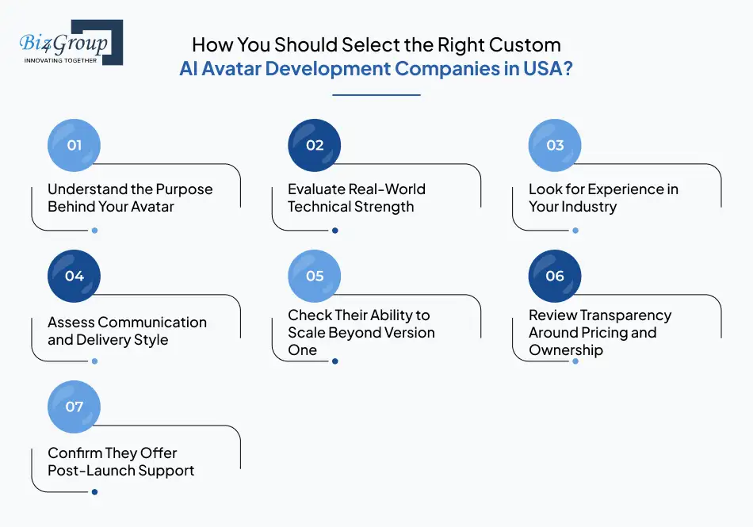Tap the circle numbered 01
(x=75, y=145)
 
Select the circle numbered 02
(x=315, y=145)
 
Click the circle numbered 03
(x=555, y=145)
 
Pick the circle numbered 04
(x=75, y=276)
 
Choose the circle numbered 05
(x=315, y=276)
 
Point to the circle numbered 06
(x=555, y=276)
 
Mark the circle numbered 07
(x=75, y=407)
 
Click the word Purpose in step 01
(x=183, y=190)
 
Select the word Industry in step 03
(x=589, y=207)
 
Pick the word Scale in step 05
(x=308, y=333)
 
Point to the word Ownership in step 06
(x=566, y=350)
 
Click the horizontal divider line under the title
(x=376, y=95)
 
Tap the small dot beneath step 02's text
(x=334, y=231)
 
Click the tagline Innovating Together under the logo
(x=61, y=60)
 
